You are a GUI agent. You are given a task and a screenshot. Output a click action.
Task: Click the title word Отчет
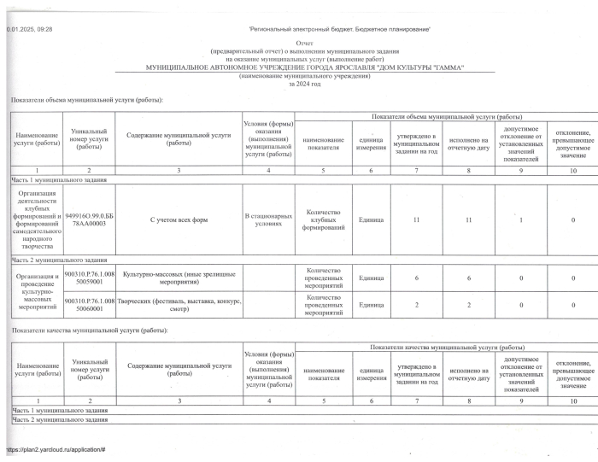304,42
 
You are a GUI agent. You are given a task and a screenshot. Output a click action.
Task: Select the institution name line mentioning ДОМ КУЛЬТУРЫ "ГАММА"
304,66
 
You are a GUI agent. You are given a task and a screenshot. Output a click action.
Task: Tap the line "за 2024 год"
304,84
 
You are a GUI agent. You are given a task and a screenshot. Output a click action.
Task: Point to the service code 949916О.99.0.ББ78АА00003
88,220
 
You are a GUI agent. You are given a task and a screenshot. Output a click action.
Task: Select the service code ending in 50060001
88,303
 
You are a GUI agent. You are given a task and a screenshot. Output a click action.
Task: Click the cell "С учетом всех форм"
179,220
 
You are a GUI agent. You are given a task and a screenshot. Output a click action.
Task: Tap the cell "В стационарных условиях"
267,220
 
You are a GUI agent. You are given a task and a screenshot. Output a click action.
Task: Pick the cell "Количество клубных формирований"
324,220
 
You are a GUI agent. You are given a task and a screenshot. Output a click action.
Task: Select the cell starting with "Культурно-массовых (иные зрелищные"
178,275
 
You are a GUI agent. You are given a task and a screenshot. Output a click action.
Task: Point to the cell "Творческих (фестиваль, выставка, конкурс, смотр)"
178,303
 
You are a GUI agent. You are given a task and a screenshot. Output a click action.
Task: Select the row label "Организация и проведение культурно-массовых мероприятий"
35,289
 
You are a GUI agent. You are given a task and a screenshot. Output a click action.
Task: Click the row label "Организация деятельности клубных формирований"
35,220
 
